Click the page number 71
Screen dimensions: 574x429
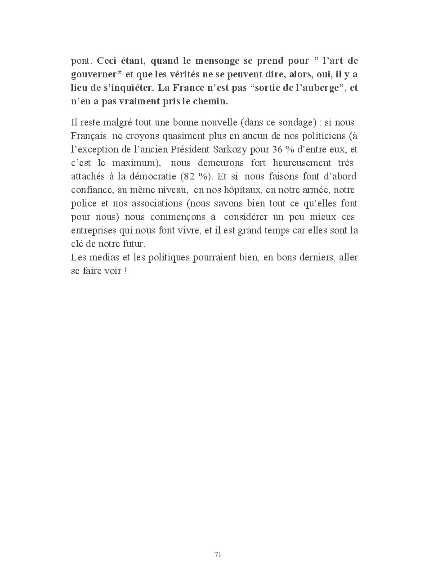pos(218,554)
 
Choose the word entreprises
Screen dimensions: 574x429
pos(93,231)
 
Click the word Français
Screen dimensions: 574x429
pos(89,136)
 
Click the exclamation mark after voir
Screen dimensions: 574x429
pos(126,271)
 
